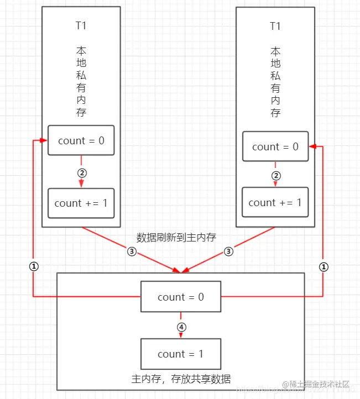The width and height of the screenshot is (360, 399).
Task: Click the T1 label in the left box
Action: pyautogui.click(x=81, y=25)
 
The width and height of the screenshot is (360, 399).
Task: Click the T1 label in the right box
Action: pyautogui.click(x=275, y=26)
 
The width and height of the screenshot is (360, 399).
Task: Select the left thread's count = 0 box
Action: pyautogui.click(x=81, y=140)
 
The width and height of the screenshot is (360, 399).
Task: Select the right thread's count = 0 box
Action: pyautogui.click(x=275, y=146)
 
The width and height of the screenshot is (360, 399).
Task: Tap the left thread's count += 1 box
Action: pyautogui.click(x=81, y=203)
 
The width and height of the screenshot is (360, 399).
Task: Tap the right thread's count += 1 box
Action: pyautogui.click(x=275, y=202)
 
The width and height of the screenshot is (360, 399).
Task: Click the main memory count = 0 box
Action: pyautogui.click(x=180, y=297)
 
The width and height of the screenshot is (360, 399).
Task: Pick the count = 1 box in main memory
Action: pyautogui.click(x=180, y=354)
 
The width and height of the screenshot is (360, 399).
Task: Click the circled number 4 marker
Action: pyautogui.click(x=181, y=327)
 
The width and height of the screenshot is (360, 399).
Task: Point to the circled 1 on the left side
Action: pyautogui.click(x=33, y=266)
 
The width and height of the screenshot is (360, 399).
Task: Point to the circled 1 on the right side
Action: pyautogui.click(x=324, y=266)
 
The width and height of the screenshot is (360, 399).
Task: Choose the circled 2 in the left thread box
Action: pyautogui.click(x=81, y=172)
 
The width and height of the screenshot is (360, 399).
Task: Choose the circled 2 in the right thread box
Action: pyautogui.click(x=275, y=176)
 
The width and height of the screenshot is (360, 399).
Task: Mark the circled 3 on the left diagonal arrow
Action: pyautogui.click(x=131, y=251)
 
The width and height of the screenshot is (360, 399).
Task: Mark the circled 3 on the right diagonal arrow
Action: pyautogui.click(x=228, y=251)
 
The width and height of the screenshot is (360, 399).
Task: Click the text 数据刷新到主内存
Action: pyautogui.click(x=176, y=237)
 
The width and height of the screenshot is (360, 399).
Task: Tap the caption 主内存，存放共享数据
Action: pyautogui.click(x=180, y=379)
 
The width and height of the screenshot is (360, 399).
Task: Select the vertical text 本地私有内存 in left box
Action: pyautogui.click(x=81, y=81)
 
